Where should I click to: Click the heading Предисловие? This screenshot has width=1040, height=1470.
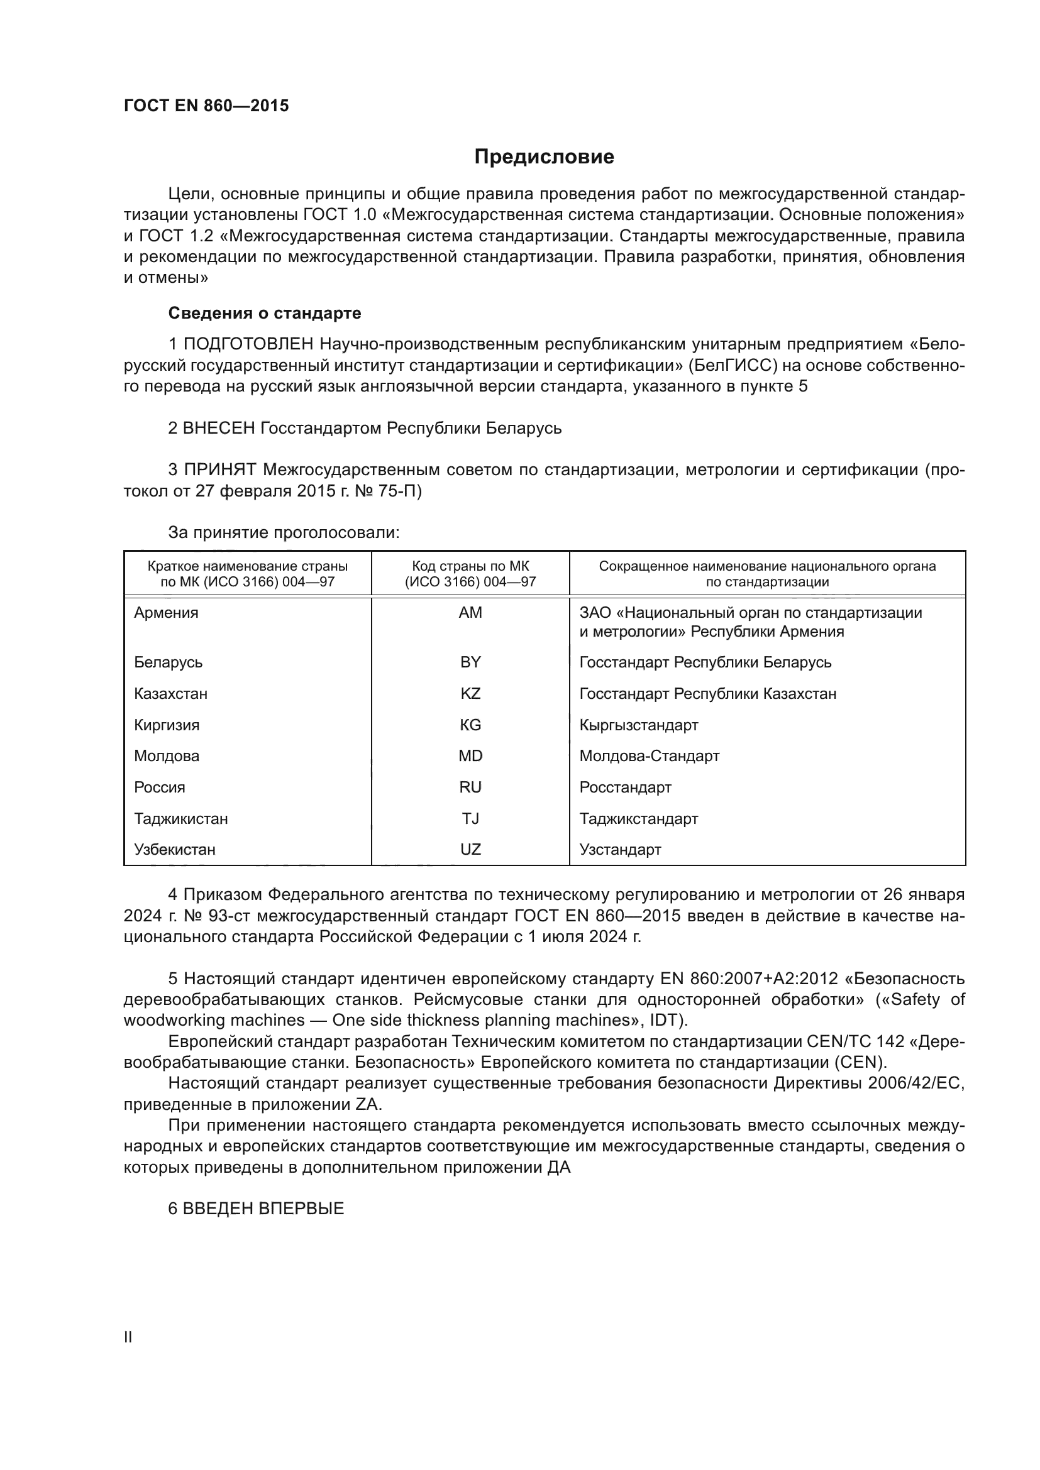544,157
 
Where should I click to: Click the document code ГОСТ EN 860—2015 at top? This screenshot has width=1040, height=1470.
206,106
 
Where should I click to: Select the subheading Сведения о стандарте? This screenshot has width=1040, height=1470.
265,313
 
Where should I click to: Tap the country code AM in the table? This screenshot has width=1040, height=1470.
470,613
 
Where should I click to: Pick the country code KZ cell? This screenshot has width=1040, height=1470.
470,693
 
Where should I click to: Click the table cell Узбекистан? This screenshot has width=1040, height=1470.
175,850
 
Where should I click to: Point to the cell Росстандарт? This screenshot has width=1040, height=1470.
625,787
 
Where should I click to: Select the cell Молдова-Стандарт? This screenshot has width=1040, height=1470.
650,756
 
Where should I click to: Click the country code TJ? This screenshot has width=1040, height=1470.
470,819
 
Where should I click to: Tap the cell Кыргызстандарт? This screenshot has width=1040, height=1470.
638,725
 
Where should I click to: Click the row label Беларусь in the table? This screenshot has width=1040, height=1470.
169,662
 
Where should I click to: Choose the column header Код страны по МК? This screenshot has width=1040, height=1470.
470,567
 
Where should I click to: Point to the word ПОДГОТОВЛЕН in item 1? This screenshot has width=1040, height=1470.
248,344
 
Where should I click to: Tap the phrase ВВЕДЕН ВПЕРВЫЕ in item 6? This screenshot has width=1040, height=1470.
263,1209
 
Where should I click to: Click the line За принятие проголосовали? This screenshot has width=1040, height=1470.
284,533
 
